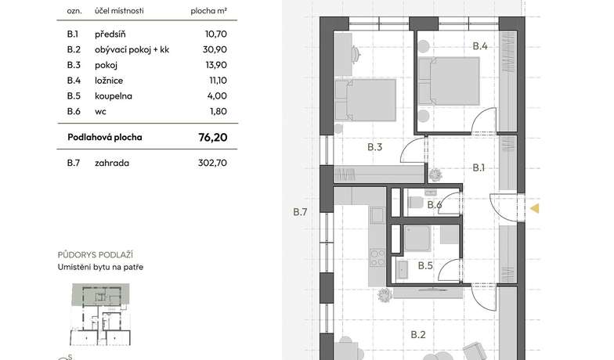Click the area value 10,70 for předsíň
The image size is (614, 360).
click(216, 34)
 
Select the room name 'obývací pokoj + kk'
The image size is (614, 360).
click(132, 50)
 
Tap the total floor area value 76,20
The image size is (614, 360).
click(213, 138)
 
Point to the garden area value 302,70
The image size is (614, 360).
click(212, 163)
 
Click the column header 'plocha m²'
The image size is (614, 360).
click(208, 11)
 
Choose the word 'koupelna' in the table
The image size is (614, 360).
click(113, 95)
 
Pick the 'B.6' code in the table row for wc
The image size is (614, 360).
click(74, 111)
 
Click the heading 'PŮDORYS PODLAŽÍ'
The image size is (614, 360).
click(96, 255)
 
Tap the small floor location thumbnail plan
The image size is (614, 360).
click(100, 315)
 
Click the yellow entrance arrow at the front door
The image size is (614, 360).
click(534, 208)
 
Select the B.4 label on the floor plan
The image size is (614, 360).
click(479, 46)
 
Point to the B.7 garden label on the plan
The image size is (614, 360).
click(300, 212)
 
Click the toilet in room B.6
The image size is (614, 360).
click(415, 203)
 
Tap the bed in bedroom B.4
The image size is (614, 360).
click(449, 81)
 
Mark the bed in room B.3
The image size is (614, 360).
click(365, 100)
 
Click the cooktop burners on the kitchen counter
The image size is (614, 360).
click(377, 257)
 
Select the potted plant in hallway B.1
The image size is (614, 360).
click(435, 175)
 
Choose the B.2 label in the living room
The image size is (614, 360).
click(418, 335)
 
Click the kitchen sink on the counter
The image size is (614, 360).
click(377, 215)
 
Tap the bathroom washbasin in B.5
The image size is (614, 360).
click(403, 271)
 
